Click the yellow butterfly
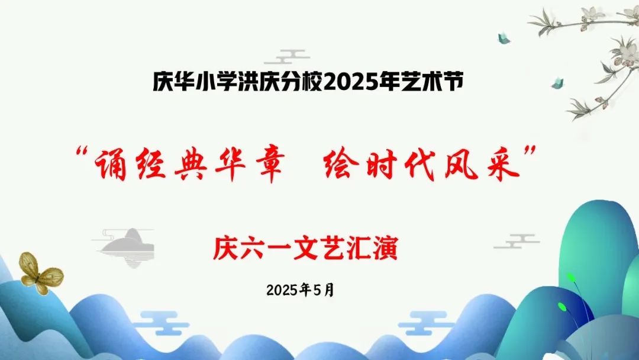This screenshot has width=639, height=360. (x=41, y=273)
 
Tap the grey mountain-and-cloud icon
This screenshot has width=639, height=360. (x=124, y=247)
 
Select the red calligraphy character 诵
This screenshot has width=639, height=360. (x=110, y=164)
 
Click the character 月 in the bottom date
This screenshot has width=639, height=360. (x=329, y=290)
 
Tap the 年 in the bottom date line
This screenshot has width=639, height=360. (x=305, y=290)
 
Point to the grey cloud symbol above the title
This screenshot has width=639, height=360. (x=286, y=57)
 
